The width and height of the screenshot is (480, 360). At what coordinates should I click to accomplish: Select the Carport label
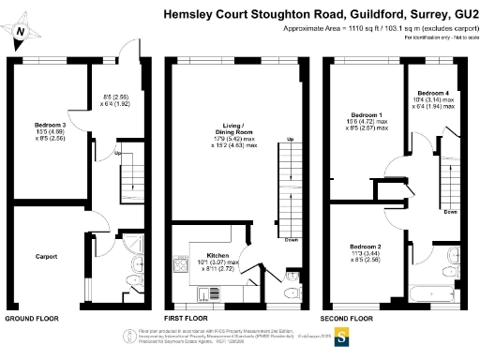pos(46,255)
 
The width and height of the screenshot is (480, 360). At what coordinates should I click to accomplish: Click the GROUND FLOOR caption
pos(32,319)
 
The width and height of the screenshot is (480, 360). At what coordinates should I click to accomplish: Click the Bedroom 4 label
pos(432,94)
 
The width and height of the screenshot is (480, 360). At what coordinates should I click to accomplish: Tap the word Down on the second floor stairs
pos(450,212)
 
